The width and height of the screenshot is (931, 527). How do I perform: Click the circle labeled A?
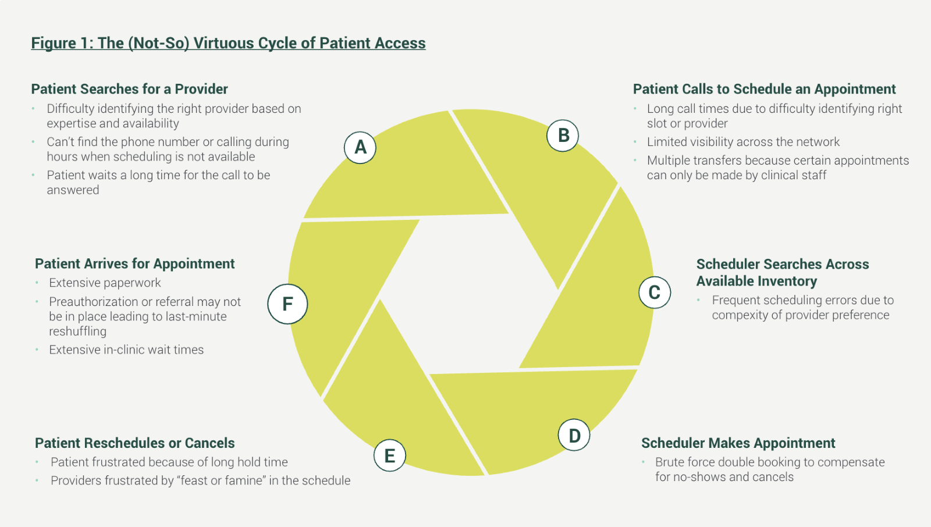(360, 148)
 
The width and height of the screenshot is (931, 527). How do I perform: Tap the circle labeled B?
(563, 136)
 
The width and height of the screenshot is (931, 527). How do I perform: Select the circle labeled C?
(655, 293)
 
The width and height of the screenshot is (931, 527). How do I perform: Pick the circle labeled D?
(574, 435)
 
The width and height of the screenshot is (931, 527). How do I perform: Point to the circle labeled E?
(389, 455)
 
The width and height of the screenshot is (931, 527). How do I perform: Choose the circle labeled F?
(287, 304)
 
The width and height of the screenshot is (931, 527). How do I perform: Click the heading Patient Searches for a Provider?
(129, 89)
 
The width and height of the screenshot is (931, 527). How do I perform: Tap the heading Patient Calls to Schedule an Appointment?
(764, 89)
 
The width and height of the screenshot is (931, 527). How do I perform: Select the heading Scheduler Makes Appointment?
(738, 443)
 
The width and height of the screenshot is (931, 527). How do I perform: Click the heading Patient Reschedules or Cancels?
(134, 443)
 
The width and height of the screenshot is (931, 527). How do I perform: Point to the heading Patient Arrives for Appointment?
(134, 264)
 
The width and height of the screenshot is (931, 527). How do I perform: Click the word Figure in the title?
(54, 44)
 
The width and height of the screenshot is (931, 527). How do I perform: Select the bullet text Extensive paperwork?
(105, 283)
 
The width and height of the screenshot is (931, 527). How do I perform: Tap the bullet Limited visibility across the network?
(743, 142)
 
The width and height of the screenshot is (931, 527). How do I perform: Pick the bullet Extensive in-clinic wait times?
(126, 350)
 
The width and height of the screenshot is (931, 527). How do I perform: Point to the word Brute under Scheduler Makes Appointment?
(670, 462)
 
